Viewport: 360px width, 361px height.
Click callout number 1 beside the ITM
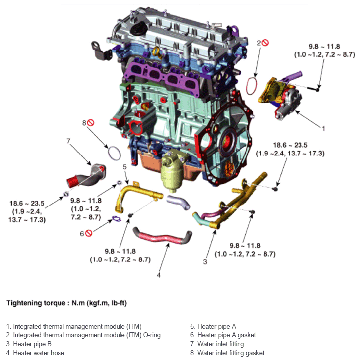click(323, 128)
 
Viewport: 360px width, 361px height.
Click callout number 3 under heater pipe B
click(204, 261)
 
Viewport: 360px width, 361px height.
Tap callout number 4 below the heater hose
click(159, 275)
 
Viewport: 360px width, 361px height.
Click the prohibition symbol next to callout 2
click(265, 43)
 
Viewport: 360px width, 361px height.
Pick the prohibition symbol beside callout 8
click(91, 122)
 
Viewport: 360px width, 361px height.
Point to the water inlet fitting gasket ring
click(114, 154)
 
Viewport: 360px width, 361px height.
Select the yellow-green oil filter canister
click(173, 175)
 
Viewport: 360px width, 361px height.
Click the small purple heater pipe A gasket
click(117, 218)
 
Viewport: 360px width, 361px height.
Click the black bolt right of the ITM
click(316, 90)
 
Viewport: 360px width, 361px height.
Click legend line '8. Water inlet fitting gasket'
click(228, 353)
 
